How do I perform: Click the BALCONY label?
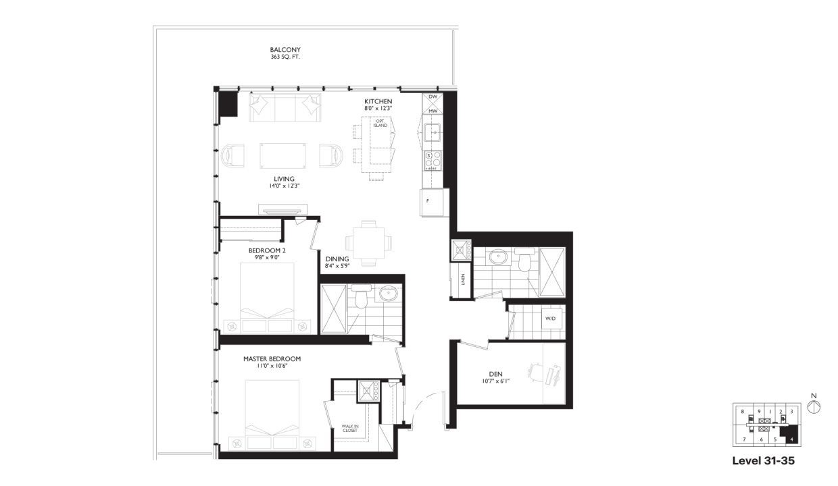(x=285, y=50)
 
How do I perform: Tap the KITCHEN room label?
(x=378, y=101)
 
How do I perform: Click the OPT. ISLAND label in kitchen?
(x=372, y=123)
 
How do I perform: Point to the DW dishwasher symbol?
(x=433, y=97)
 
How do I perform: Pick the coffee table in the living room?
(x=283, y=155)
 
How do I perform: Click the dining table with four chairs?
(x=368, y=242)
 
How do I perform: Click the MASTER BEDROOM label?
(x=272, y=359)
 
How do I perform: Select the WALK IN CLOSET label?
(x=350, y=428)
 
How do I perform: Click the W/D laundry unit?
(x=551, y=318)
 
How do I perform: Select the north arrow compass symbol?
(x=814, y=406)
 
